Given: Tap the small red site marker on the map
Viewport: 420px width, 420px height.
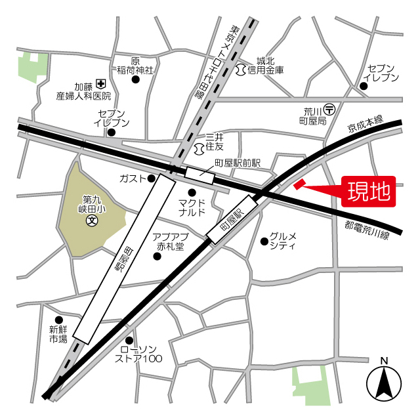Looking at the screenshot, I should click(x=300, y=184).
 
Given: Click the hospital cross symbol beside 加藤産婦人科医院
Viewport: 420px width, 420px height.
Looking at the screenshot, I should click(x=100, y=83).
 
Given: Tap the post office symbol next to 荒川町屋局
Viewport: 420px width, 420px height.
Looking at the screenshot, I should click(x=330, y=107).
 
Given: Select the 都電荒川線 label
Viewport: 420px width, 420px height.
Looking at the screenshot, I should click(x=376, y=229).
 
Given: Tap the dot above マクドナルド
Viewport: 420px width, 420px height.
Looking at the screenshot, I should click(x=192, y=192).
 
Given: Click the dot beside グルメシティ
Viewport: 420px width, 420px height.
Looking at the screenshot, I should click(x=264, y=241).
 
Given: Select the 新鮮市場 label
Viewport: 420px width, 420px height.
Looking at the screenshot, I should click(x=58, y=334).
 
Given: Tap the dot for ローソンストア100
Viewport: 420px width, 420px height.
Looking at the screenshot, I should click(x=129, y=340).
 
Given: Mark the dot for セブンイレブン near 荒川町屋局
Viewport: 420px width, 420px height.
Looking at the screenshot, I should click(x=364, y=85).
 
